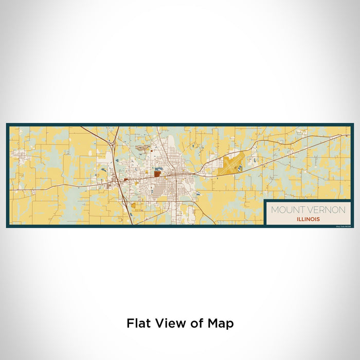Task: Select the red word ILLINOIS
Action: coord(308,219)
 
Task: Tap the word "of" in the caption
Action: coord(194,323)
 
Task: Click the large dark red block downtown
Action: coord(157,174)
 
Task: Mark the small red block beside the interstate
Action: coord(125,179)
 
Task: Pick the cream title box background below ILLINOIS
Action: coord(308,224)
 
